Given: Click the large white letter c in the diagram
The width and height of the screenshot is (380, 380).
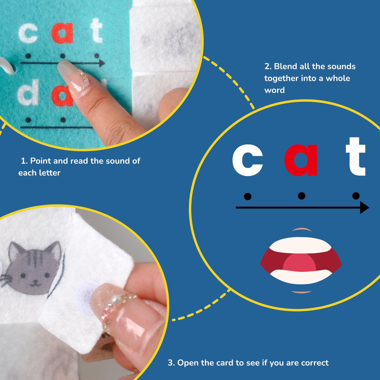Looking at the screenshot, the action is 247,160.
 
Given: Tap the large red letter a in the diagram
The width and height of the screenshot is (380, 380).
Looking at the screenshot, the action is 301,160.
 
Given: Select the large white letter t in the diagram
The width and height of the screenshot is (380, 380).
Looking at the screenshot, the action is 355,156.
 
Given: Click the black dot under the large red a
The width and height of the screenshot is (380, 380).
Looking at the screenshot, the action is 302,196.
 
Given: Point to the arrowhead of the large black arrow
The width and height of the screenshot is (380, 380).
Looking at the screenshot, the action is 364,207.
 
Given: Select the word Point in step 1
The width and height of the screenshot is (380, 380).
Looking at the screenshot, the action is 40,161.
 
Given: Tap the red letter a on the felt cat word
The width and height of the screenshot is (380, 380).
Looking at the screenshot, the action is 63,33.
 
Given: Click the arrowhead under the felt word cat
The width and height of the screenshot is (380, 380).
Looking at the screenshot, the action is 102,63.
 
